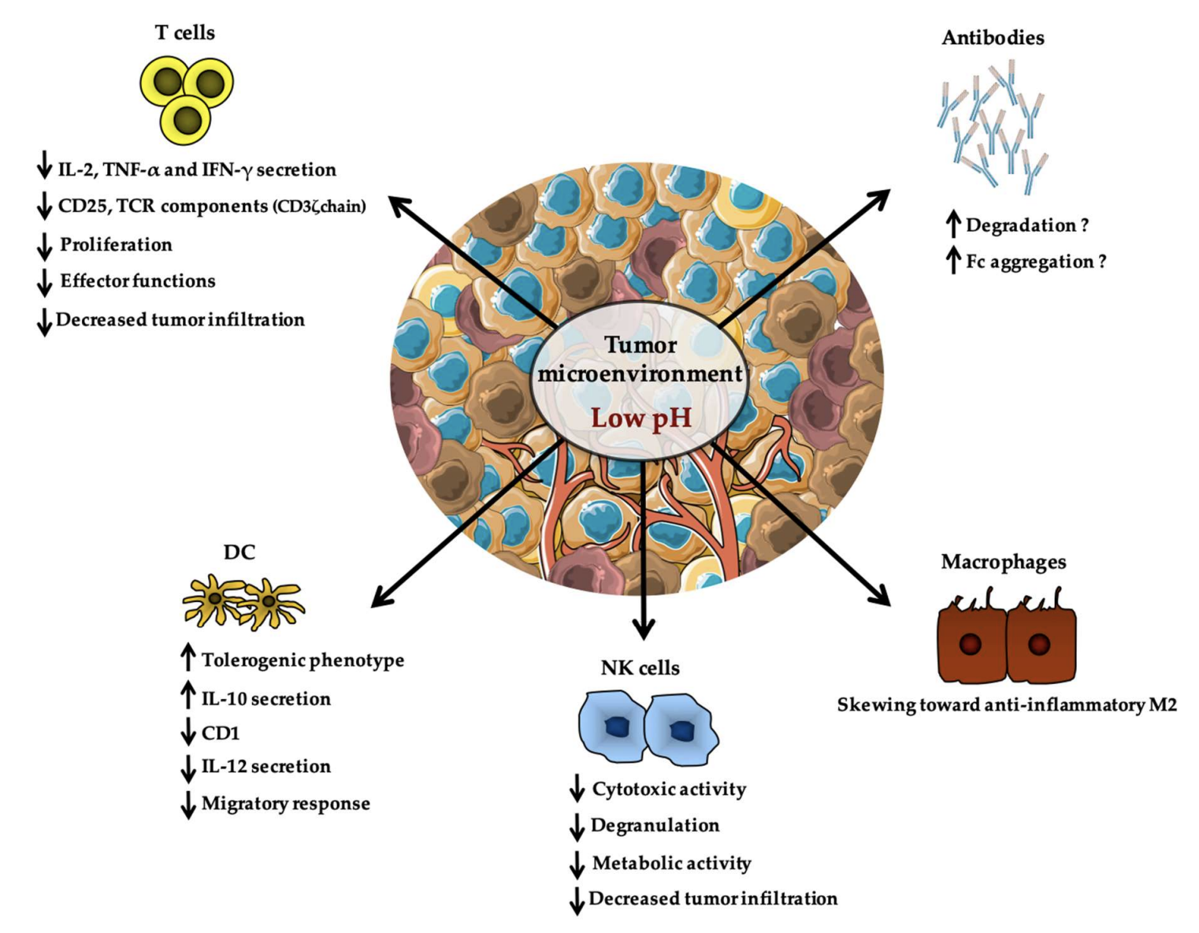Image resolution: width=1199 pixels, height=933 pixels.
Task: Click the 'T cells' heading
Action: point(185,32)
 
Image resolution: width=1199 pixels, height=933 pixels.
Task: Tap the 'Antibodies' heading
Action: point(993,38)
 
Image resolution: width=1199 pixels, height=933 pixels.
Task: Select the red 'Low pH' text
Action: point(641,418)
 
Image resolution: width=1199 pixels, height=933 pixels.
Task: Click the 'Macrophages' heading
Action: point(1003,562)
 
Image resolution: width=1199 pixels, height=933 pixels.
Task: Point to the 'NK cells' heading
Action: point(640,667)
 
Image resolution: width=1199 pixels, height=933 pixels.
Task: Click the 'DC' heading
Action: point(239,552)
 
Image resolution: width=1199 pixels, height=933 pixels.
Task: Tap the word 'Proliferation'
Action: point(116,244)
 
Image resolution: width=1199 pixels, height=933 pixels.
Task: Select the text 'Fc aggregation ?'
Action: point(1036,262)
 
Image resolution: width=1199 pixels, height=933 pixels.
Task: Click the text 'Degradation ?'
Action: point(1026,225)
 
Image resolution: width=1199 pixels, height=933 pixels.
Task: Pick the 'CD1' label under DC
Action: point(221,733)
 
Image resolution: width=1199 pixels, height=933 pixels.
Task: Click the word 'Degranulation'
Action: point(655,825)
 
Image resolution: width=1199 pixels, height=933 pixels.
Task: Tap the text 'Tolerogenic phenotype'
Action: point(303,660)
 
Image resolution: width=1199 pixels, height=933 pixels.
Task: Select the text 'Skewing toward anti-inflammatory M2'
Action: point(1007,704)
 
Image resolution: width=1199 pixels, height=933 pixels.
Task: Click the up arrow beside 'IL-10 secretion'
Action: point(188,694)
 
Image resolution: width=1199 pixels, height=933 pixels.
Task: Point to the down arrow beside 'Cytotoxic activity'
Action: point(577,788)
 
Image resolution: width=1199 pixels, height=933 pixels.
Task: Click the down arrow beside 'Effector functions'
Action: point(44,282)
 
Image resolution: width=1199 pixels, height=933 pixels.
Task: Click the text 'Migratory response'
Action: point(286,803)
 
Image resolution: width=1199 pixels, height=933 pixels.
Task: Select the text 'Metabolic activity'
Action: point(671,863)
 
